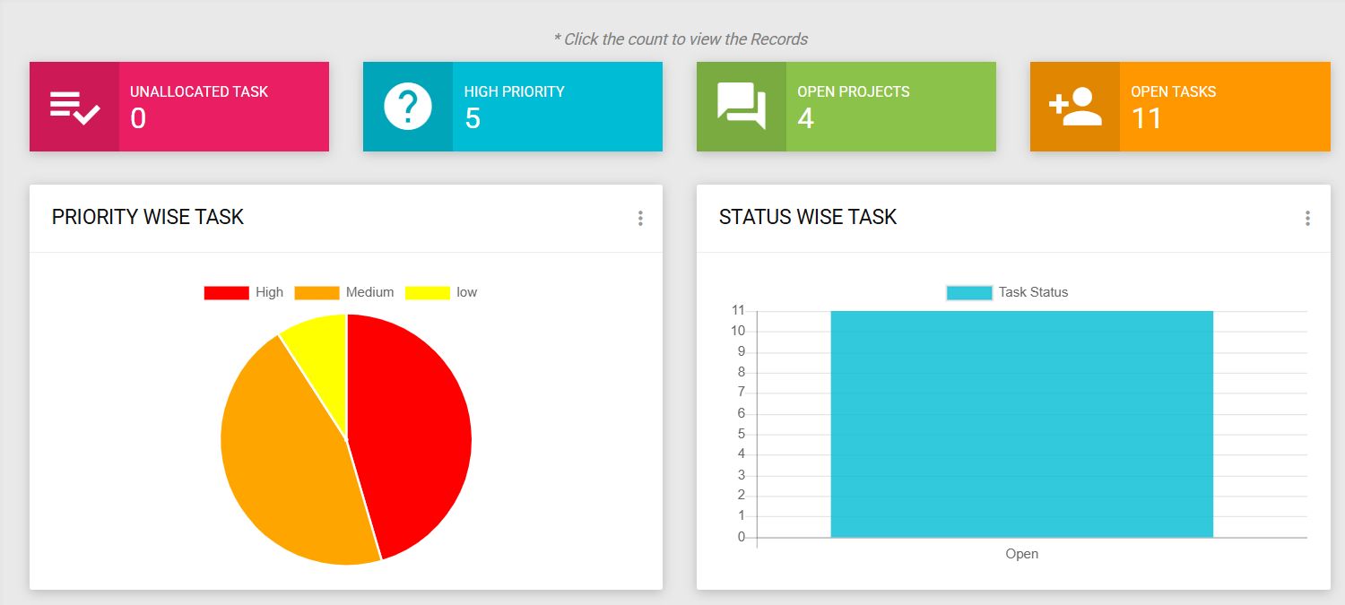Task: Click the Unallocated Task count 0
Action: pyautogui.click(x=138, y=118)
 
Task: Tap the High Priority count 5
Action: pyautogui.click(x=473, y=118)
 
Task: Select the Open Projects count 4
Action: pyautogui.click(x=805, y=118)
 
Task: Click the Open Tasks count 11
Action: pyautogui.click(x=1147, y=118)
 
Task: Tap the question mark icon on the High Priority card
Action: pyautogui.click(x=408, y=107)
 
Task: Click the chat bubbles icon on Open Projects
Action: pyautogui.click(x=742, y=107)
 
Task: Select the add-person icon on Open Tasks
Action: pyautogui.click(x=1075, y=107)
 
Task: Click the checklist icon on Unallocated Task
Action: pyautogui.click(x=74, y=107)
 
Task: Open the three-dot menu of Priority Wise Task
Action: pyautogui.click(x=640, y=218)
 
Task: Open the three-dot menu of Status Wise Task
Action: pyautogui.click(x=1307, y=218)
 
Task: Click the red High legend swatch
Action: pyautogui.click(x=226, y=293)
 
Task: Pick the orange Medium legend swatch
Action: pyautogui.click(x=317, y=293)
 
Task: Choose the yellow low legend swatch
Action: pyautogui.click(x=428, y=293)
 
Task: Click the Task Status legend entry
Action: pyautogui.click(x=1007, y=292)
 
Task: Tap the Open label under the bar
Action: pyautogui.click(x=1021, y=554)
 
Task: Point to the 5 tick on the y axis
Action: pyautogui.click(x=742, y=434)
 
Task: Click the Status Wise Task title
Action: pyautogui.click(x=808, y=217)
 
